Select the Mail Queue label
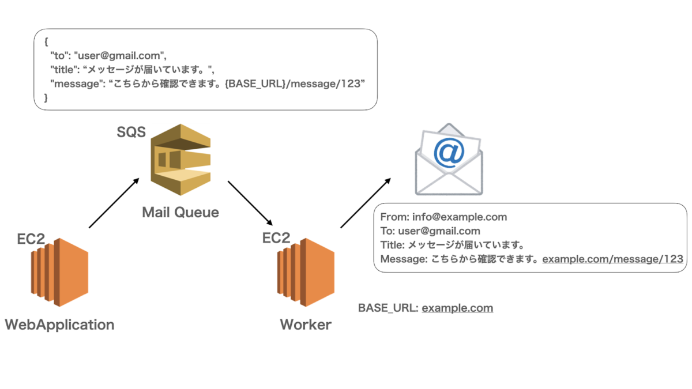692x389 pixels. pos(180,212)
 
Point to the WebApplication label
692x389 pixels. pos(59,324)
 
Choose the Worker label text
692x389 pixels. pos(306,324)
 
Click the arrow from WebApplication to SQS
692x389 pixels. pos(114,203)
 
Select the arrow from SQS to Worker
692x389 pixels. pos(250,203)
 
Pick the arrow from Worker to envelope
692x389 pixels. pos(366,203)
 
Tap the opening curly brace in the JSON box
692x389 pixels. pos(46,42)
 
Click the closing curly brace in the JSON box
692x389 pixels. pos(46,98)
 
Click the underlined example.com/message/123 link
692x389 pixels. pos(612,259)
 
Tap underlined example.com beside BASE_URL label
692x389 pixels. pos(457,308)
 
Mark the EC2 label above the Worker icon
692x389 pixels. pos(276,237)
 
